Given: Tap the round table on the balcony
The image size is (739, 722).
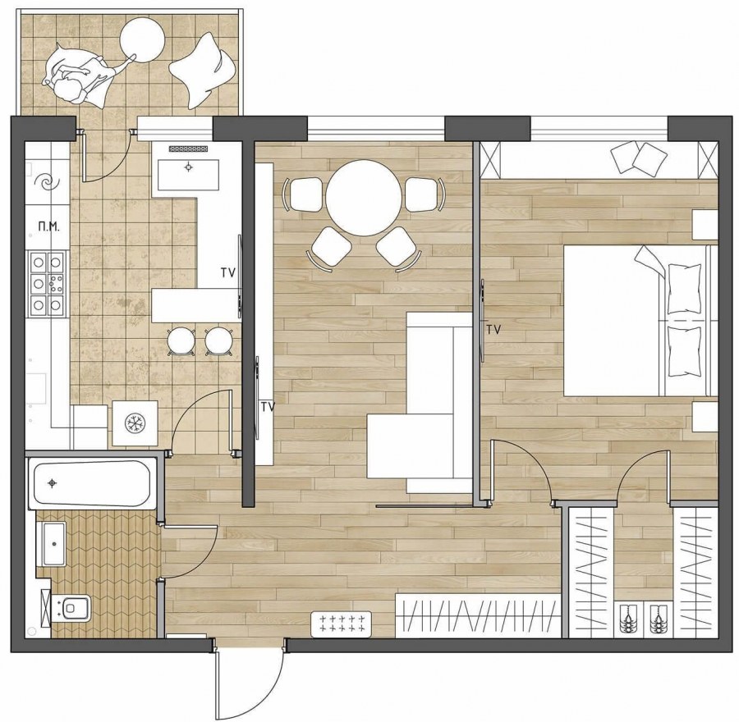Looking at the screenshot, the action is (142, 39).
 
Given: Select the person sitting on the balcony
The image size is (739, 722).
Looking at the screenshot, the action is (80, 75).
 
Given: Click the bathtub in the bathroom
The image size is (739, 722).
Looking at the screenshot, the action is (92, 485).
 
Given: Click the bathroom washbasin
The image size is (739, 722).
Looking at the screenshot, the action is (53, 544).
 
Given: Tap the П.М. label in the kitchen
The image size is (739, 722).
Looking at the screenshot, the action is (49, 227).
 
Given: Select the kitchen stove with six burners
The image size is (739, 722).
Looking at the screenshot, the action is (47, 284).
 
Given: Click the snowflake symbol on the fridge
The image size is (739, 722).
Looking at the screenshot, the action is (135, 423).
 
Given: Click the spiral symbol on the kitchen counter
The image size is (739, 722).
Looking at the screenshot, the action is (47, 182).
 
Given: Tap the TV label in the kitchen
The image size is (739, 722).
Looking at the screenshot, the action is (227, 272).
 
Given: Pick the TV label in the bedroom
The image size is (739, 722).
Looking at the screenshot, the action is (493, 330).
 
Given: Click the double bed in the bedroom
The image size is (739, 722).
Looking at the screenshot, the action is (639, 320).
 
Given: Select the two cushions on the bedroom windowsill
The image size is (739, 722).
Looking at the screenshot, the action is (639, 158).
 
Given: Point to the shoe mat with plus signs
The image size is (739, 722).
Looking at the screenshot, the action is (342, 624).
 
